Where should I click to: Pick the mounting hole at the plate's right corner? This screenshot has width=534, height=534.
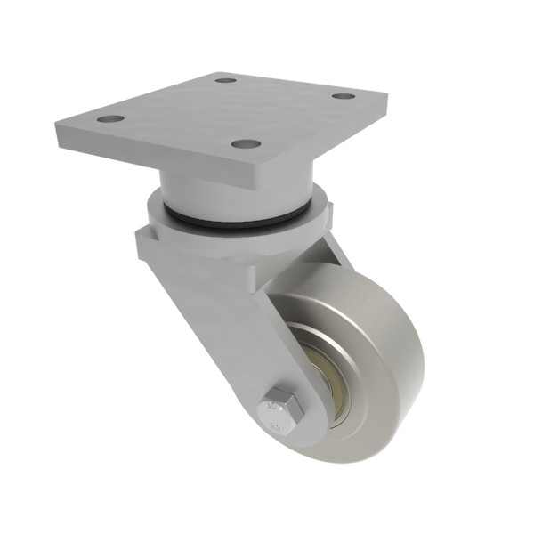(342, 96)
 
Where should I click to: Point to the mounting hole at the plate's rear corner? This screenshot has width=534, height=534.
(226, 80)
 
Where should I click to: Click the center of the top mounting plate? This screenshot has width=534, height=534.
(222, 111)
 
